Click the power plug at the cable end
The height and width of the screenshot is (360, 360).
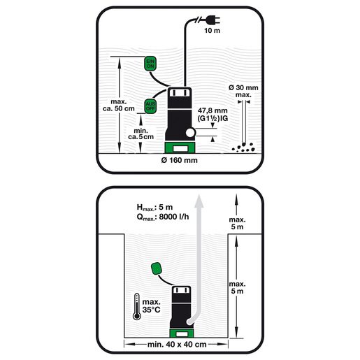click(213, 20)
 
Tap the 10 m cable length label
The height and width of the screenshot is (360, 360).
click(212, 31)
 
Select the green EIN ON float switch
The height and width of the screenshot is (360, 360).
click(150, 64)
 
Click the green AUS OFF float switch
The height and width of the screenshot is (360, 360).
click(150, 106)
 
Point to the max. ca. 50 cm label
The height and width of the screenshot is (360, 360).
click(119, 105)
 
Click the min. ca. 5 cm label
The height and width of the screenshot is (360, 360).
click(141, 134)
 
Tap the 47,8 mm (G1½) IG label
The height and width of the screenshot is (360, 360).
click(213, 114)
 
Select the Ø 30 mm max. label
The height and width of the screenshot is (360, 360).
click(243, 91)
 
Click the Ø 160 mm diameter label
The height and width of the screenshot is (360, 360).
click(179, 160)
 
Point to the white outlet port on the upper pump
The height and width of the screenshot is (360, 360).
click(190, 133)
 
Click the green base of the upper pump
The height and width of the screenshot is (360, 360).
click(180, 147)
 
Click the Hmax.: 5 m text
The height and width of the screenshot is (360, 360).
click(154, 207)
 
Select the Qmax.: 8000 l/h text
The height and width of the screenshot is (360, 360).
click(163, 217)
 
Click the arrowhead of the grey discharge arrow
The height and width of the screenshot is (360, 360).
click(199, 201)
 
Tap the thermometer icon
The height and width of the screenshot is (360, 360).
click(137, 306)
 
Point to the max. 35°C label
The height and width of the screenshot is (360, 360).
click(152, 305)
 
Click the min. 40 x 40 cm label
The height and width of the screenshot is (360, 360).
click(177, 345)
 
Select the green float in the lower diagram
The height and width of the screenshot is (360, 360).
click(156, 268)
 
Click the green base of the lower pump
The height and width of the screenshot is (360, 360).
click(182, 333)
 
